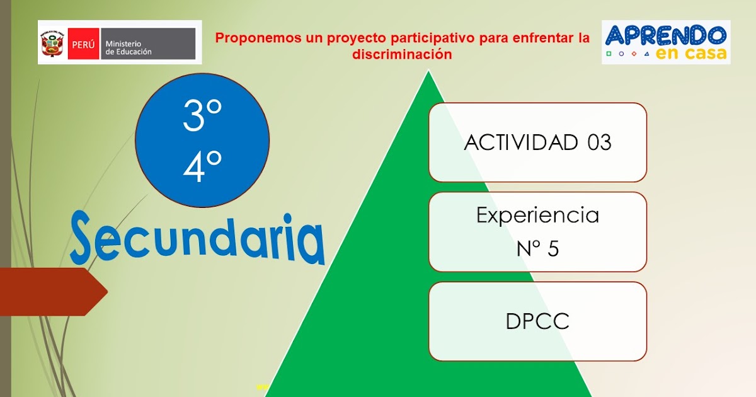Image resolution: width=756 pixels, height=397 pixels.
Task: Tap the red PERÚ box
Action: (x=83, y=43)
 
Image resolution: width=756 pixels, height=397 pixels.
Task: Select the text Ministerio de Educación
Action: (x=129, y=47)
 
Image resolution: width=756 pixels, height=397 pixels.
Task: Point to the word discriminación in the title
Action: (x=402, y=55)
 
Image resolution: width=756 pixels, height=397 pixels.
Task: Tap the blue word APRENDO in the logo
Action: (x=665, y=36)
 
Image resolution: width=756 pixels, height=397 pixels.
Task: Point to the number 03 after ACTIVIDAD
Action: (x=599, y=142)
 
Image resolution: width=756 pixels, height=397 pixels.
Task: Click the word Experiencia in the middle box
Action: (x=537, y=216)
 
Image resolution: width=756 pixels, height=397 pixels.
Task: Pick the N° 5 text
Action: (x=537, y=249)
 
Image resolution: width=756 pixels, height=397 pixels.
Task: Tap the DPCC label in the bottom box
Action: (x=537, y=321)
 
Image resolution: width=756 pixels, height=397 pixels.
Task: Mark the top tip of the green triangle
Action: (x=428, y=71)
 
